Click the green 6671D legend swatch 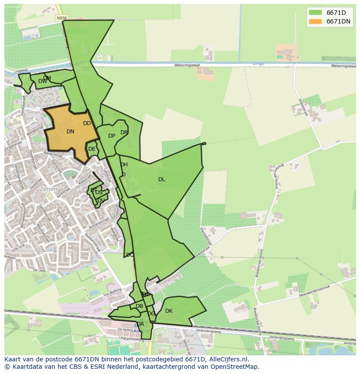coord(315,13)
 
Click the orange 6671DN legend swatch coord(315,21)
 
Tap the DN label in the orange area coord(70,132)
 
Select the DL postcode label coord(162,179)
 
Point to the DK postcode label coord(169,311)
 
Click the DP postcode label coord(112,136)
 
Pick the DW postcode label coord(43,81)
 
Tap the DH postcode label coord(124,165)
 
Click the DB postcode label coord(139,306)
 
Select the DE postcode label coord(92,149)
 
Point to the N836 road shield coord(62,18)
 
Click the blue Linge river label coord(259,63)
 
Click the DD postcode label coord(87,123)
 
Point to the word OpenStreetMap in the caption coord(237,367)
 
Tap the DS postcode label coord(99,192)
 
